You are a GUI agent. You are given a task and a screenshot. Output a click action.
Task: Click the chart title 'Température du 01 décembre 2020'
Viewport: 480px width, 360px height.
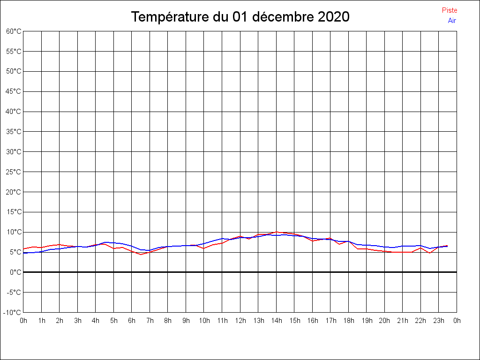point(240,17)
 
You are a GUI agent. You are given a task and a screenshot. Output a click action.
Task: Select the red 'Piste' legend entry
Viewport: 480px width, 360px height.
point(450,10)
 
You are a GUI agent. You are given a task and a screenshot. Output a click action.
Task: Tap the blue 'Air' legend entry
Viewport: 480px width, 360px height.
point(452,21)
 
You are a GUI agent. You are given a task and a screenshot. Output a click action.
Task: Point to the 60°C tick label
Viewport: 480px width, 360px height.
point(14,31)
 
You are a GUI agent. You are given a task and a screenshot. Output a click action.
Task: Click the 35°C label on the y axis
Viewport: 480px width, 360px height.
point(14,132)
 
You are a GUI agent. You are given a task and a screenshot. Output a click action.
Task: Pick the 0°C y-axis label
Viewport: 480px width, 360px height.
point(15,272)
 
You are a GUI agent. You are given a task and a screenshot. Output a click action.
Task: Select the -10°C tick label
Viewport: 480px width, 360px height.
point(12,313)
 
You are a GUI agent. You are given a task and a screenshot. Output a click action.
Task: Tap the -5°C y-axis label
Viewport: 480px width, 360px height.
point(14,292)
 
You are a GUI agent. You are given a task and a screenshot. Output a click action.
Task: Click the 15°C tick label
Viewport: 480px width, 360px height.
point(14,212)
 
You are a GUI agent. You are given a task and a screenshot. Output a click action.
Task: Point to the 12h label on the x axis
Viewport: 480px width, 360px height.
point(240,321)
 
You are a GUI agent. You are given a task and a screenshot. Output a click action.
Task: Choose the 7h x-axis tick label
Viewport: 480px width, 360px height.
point(150,321)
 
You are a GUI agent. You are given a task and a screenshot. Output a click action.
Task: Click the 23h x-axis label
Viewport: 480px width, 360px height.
point(439,321)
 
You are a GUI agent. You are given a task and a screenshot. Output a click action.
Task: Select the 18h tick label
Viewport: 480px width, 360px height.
point(349,321)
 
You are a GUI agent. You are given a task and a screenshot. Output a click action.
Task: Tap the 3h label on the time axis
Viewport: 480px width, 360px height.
point(78,321)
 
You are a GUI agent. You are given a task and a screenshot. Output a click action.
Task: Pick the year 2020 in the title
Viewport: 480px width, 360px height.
point(334,17)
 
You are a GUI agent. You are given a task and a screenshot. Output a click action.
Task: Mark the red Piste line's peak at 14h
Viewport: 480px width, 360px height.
point(277,232)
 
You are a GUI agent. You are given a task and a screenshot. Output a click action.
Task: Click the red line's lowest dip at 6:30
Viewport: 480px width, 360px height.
point(141,255)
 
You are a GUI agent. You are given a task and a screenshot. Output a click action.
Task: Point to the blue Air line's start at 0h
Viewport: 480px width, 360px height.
point(23,253)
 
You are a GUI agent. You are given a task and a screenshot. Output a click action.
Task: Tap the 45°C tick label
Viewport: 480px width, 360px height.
point(14,91)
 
